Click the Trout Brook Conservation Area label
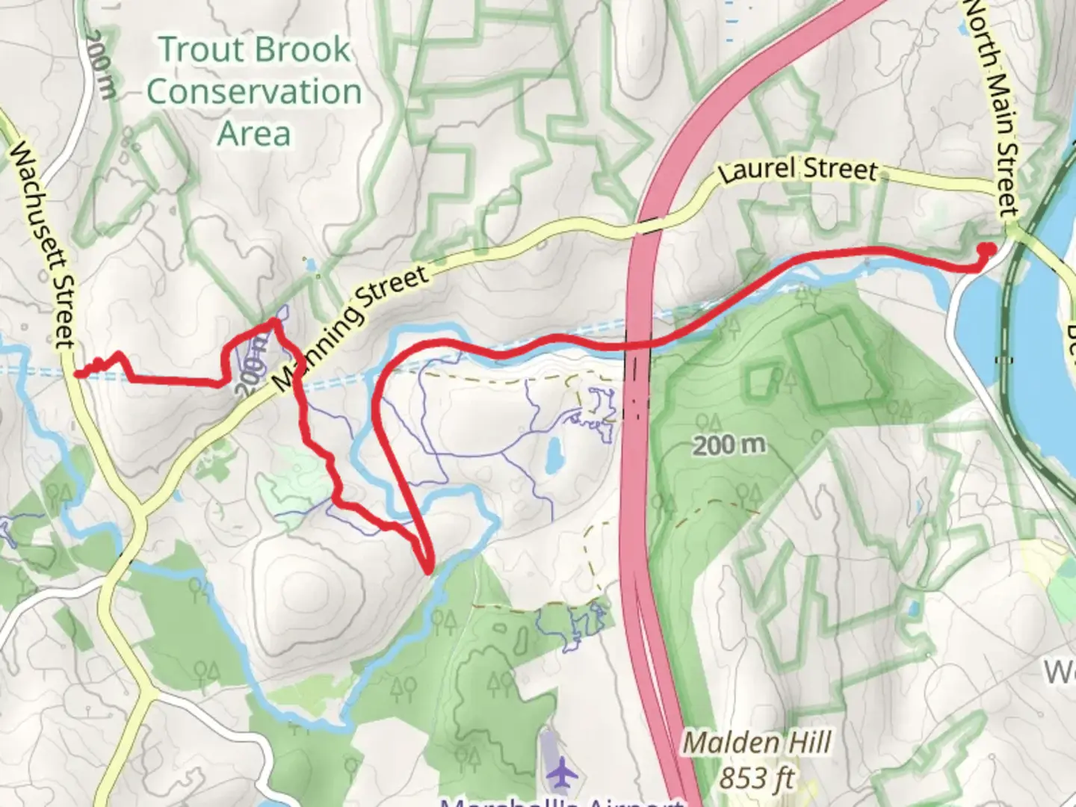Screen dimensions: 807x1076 click(254, 91)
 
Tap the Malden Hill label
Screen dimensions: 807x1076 click(756, 743)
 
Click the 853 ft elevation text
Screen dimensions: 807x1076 click(756, 779)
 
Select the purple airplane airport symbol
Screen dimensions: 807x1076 click(560, 773)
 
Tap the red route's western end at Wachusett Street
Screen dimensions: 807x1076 click(77, 373)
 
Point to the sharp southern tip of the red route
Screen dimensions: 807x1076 click(427, 572)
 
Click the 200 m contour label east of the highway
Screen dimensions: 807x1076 click(729, 446)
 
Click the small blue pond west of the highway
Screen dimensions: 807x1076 click(554, 455)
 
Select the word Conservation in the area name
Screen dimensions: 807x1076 click(254, 91)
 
